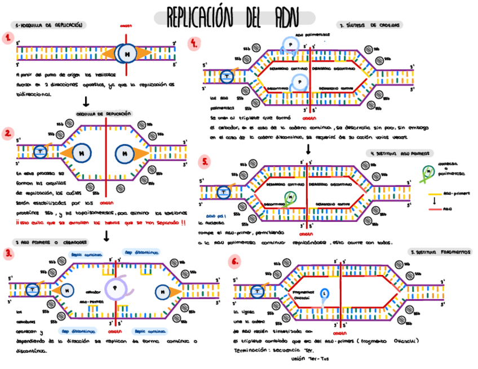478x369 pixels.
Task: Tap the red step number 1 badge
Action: point(7,38)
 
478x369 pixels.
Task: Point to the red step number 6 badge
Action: point(234,261)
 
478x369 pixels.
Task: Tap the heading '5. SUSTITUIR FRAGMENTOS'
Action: point(441,252)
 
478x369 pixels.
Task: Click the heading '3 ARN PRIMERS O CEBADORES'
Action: point(50,242)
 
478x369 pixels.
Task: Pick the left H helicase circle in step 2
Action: point(82,153)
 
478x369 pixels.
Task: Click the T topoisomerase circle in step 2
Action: point(40,151)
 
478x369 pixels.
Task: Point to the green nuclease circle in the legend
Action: point(430,171)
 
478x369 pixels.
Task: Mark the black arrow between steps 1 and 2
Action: point(86,101)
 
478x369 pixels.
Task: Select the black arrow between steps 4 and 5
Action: point(308,149)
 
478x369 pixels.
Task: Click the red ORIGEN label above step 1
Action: point(127,26)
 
